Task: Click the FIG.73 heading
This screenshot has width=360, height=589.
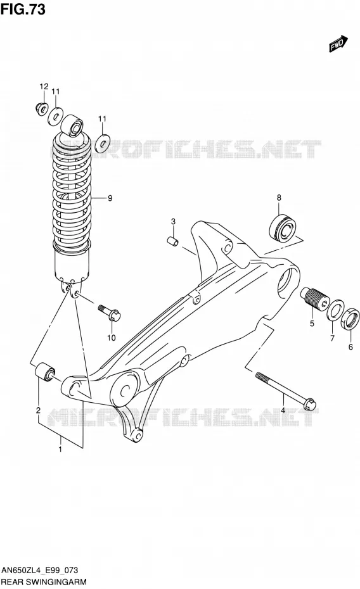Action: click(x=23, y=9)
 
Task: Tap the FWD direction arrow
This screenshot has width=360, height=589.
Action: click(x=338, y=43)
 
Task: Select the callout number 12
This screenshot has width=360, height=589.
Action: click(x=44, y=86)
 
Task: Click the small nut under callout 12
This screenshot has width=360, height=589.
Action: click(x=41, y=108)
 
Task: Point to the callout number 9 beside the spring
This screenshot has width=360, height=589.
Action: click(x=110, y=198)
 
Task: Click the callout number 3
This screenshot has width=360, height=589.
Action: click(x=173, y=222)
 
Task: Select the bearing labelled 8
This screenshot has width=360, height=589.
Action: click(x=283, y=229)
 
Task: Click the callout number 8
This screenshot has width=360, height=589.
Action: click(x=279, y=198)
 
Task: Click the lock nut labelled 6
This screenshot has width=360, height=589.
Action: click(x=350, y=319)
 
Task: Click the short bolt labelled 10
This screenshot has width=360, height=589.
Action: click(x=110, y=312)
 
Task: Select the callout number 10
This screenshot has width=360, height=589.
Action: click(x=111, y=338)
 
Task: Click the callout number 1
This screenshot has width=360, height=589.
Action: click(x=60, y=449)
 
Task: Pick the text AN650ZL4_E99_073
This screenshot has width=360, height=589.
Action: click(x=40, y=570)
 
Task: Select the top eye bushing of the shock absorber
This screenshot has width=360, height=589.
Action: click(x=72, y=125)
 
